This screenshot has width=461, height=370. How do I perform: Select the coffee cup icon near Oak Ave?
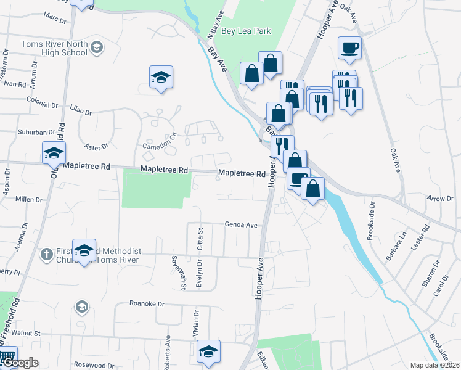pos(349,49)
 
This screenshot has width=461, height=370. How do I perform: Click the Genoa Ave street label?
pos(240,225)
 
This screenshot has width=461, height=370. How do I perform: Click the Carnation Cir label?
pos(160,142)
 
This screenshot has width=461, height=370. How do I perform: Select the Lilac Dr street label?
pos(80,110)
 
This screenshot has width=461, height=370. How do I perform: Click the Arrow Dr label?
pos(440,199)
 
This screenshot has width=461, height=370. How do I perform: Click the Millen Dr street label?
pos(29,200)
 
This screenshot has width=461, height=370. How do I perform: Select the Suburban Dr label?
pos(36,132)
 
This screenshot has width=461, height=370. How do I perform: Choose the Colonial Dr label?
pos(41,99)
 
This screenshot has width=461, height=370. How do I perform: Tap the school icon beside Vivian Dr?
pos(209,352)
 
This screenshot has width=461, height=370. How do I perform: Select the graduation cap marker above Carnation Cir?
pos(161,77)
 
